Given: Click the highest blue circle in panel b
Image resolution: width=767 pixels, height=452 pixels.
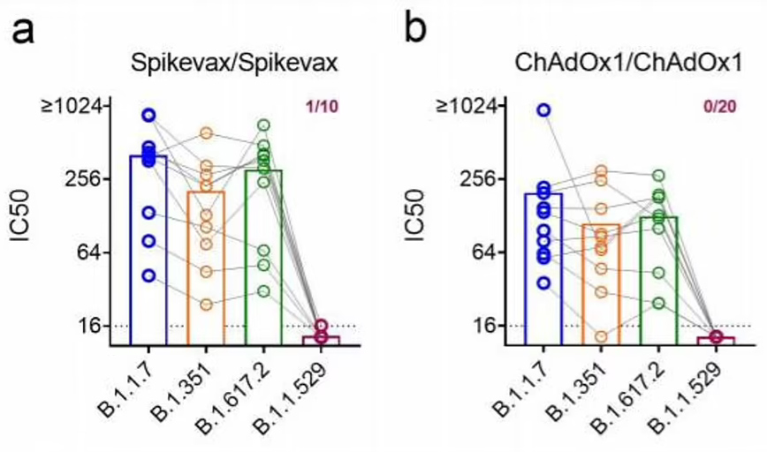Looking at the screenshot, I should coord(543,109).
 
